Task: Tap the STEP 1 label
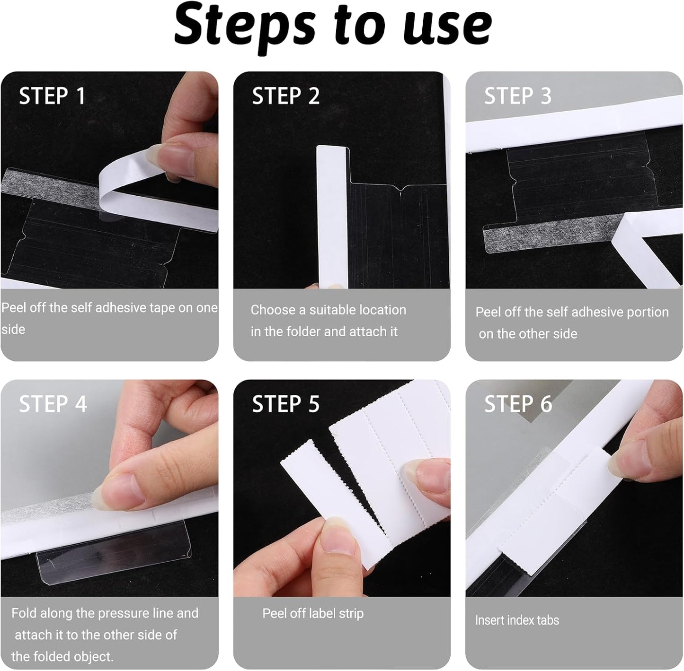[52, 96]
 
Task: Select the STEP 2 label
[286, 96]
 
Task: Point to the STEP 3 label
[518, 96]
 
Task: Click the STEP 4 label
[53, 404]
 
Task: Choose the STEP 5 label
[286, 404]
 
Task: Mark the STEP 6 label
[518, 404]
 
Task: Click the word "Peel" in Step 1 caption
[14, 308]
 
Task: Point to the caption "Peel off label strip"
[313, 614]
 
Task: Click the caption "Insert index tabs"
[517, 620]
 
